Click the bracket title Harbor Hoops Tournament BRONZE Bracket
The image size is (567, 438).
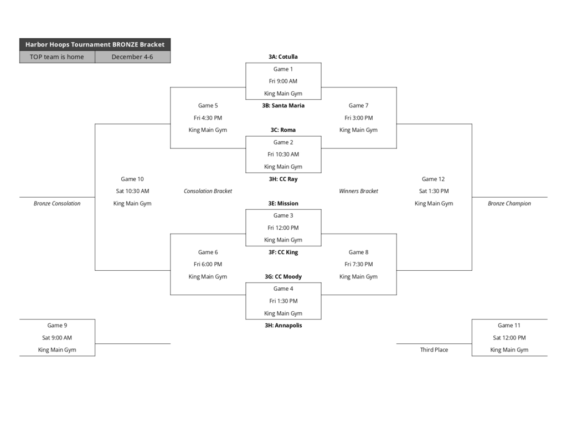point(95,44)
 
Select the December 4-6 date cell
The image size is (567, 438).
point(132,56)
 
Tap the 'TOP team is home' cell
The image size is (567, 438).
point(57,56)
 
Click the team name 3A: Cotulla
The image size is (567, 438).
point(283,56)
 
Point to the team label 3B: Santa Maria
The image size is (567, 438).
point(283,105)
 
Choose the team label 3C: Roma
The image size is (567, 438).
point(283,130)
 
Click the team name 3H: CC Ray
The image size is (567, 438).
point(283,179)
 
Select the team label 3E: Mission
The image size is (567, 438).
point(283,203)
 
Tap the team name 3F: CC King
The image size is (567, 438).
point(283,252)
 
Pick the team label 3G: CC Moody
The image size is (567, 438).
point(283,276)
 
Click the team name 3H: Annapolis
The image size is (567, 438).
point(283,325)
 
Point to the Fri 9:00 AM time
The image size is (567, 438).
point(283,81)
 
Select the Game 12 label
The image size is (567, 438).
point(433,179)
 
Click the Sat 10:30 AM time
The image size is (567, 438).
point(132,191)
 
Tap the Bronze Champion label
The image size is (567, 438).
point(509,203)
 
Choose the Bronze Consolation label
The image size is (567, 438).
point(57,203)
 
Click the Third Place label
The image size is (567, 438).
point(434,349)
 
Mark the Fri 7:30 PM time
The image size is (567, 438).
point(358,264)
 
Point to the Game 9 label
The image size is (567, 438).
point(57,325)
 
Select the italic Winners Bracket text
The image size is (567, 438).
point(358,191)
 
